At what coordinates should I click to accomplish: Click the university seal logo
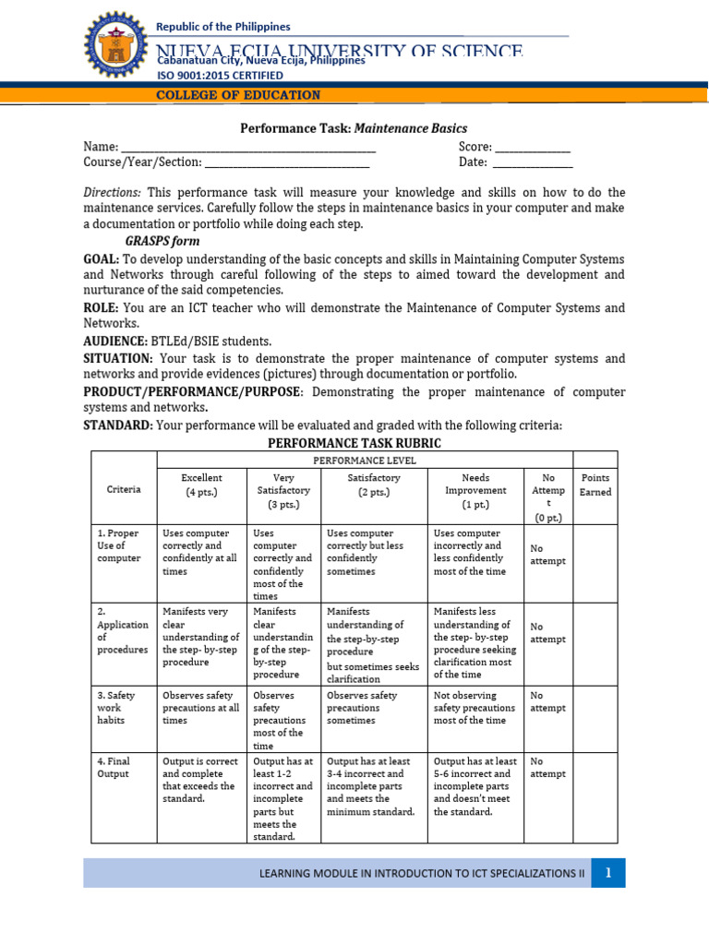pos(114,49)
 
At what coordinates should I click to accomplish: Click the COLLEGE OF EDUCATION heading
pos(238,95)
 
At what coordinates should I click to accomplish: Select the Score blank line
pos(534,150)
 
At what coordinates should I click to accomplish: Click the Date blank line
pos(531,165)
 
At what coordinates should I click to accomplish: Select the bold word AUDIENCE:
pos(115,341)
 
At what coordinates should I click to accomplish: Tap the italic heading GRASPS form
pos(162,241)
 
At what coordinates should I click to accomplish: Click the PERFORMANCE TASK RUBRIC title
pos(354,443)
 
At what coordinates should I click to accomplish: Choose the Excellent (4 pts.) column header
pos(201,485)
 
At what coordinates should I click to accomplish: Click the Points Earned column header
pos(595,485)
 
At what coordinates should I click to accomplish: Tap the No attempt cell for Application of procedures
pos(547,632)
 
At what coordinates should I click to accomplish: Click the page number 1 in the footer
pos(608,872)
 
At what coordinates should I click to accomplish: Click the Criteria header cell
pos(124,489)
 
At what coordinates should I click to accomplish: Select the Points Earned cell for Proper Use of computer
pos(595,563)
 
